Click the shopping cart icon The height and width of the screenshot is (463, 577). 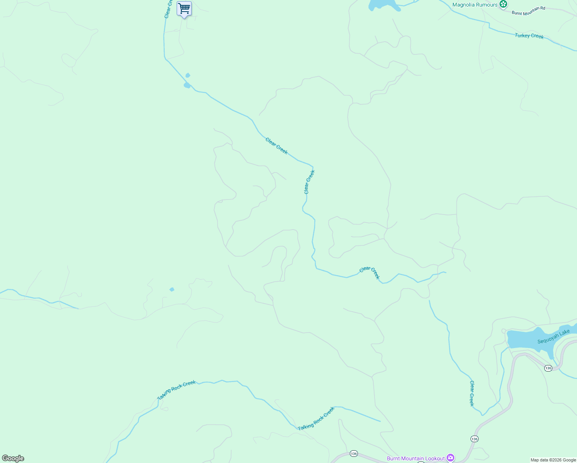pyautogui.click(x=184, y=8)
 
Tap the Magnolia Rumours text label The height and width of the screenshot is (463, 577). pyautogui.click(x=475, y=5)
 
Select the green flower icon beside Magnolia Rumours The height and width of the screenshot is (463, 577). pyautogui.click(x=503, y=4)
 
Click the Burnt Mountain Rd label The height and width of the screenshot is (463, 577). pyautogui.click(x=528, y=10)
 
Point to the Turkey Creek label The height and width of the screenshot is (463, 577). pyautogui.click(x=529, y=36)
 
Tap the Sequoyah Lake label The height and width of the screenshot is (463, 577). pyautogui.click(x=553, y=336)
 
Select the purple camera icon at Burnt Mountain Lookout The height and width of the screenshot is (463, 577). pyautogui.click(x=450, y=458)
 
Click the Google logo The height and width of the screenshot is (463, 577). pyautogui.click(x=13, y=458)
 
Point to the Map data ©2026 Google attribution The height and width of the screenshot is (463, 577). pyautogui.click(x=553, y=460)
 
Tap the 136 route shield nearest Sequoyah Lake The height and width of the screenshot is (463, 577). pyautogui.click(x=548, y=368)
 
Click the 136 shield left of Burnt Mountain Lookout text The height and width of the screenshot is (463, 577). pyautogui.click(x=354, y=453)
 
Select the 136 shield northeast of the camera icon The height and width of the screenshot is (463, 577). pyautogui.click(x=474, y=439)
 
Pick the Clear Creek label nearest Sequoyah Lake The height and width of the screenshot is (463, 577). pyautogui.click(x=471, y=393)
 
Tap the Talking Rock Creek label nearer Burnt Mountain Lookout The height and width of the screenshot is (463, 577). pyautogui.click(x=316, y=419)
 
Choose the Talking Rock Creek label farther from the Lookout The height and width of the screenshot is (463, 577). pyautogui.click(x=176, y=390)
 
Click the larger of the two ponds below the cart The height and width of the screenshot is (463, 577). pyautogui.click(x=187, y=85)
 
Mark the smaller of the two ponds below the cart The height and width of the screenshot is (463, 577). pyautogui.click(x=188, y=75)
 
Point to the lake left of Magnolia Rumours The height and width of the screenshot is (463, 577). pyautogui.click(x=384, y=5)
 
